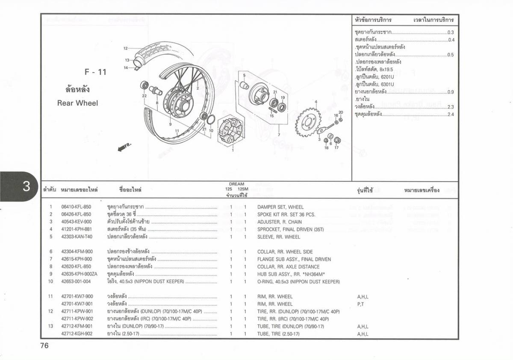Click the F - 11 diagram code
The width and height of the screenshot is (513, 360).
pyautogui.click(x=95, y=72)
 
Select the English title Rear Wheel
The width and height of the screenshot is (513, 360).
pyautogui.click(x=77, y=103)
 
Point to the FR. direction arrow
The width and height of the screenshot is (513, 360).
pyautogui.click(x=124, y=147)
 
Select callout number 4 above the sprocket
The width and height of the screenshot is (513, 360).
pyautogui.click(x=316, y=102)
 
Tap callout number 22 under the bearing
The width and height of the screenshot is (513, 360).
pyautogui.click(x=144, y=96)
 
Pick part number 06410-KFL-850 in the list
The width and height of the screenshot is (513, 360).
pyautogui.click(x=76, y=207)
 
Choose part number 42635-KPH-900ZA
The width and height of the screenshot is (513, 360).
pyautogui.click(x=79, y=274)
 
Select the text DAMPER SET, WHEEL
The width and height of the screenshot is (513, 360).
pyautogui.click(x=280, y=207)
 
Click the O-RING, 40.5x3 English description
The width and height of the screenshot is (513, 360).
pyautogui.click(x=298, y=282)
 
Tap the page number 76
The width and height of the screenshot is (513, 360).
pyautogui.click(x=44, y=345)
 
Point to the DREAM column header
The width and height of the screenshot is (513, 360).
pyautogui.click(x=236, y=184)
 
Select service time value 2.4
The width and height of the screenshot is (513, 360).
pyautogui.click(x=451, y=115)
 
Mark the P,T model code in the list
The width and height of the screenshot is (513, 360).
pyautogui.click(x=360, y=304)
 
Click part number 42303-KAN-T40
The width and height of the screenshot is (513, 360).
pyautogui.click(x=77, y=237)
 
